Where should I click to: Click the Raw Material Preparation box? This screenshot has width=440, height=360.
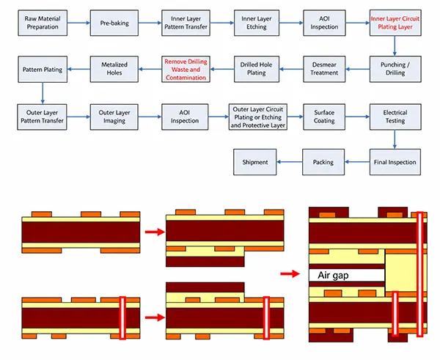43,23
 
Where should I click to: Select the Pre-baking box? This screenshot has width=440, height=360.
114,23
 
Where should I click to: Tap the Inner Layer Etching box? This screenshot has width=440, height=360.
257,23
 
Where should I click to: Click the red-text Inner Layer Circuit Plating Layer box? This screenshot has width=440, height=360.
395,23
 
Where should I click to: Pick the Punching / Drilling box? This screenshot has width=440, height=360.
395,69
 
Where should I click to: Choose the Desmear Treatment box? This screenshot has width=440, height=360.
324,69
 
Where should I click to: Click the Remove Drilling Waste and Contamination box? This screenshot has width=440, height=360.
186,69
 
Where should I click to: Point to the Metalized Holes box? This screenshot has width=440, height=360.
114,69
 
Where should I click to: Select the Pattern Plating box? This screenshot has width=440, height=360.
43,69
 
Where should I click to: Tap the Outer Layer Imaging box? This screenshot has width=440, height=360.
114,117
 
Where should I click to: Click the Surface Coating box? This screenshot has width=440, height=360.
324,117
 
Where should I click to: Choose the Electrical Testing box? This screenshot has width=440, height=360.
395,117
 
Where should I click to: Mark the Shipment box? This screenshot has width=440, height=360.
254,162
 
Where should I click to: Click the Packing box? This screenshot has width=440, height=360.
323,162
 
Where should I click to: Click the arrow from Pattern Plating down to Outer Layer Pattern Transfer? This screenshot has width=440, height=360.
43,93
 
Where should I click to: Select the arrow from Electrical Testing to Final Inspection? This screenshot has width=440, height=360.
395,139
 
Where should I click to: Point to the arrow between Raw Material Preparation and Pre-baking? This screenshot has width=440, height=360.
79,23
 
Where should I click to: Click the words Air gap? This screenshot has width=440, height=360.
333,275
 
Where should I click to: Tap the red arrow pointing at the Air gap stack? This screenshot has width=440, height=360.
290,273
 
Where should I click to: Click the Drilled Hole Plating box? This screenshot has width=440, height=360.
257,69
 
